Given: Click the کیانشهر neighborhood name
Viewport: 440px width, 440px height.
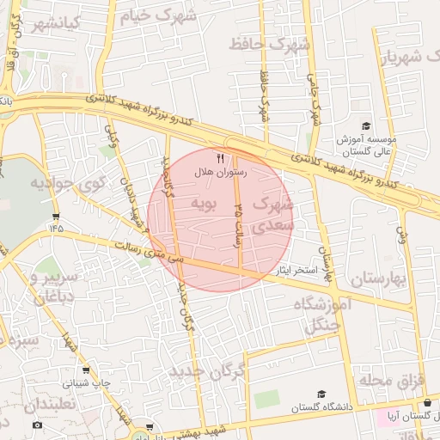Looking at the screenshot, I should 52,23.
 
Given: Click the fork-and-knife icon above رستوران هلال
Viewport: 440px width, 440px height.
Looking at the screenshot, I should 221,158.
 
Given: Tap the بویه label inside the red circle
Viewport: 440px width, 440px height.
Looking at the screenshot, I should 205,204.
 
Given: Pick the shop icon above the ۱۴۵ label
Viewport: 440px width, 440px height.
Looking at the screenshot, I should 56,216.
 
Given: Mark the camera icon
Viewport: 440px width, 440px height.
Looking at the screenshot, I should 36,425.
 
